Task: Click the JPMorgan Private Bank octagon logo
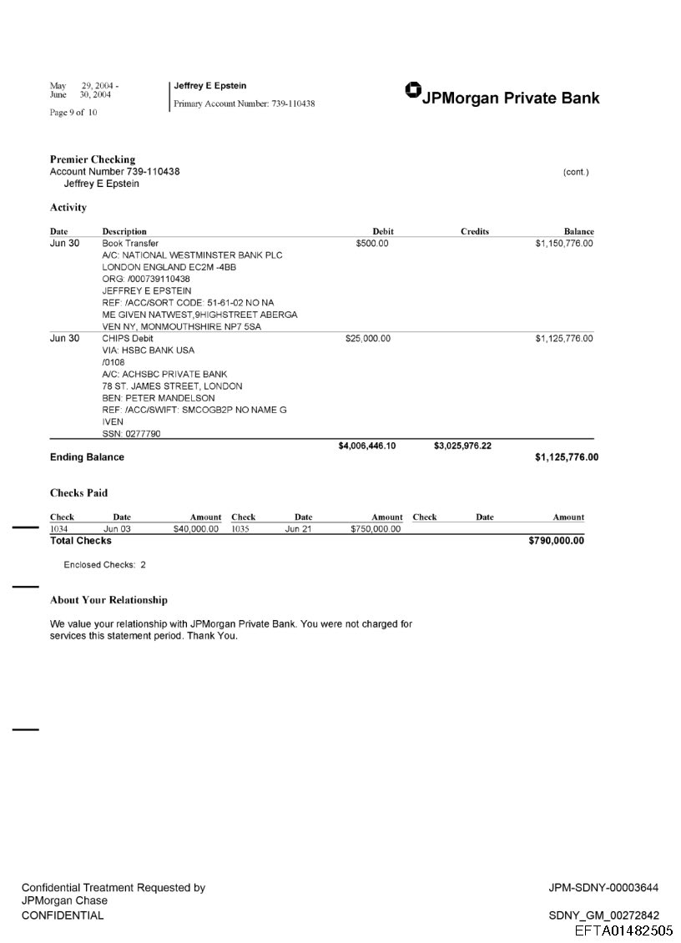tap(412, 90)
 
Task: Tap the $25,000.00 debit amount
tap(367, 339)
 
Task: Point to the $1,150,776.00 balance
tap(563, 244)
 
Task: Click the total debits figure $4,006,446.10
tap(366, 446)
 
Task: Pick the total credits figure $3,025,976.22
tap(462, 446)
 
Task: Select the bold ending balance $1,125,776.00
tap(566, 457)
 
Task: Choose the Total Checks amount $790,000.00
tap(556, 541)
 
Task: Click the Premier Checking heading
tap(92, 159)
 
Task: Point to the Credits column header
tap(474, 231)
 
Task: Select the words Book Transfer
tap(130, 244)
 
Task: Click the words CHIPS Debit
tap(127, 339)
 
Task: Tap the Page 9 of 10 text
tap(73, 113)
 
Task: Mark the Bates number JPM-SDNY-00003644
tap(603, 888)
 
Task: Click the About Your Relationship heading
tap(108, 600)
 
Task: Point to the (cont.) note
tap(576, 172)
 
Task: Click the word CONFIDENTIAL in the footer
tap(63, 915)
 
